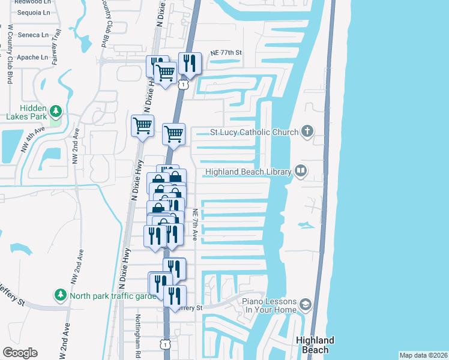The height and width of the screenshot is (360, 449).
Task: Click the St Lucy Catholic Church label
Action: tap(254, 132)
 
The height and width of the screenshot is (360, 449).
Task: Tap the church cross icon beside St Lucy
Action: tap(307, 131)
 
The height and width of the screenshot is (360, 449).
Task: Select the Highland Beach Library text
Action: tap(248, 172)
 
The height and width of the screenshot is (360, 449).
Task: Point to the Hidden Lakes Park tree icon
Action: tap(55, 111)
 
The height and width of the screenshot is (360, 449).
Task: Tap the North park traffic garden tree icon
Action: tap(60, 295)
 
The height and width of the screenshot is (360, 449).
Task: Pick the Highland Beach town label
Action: tap(313, 345)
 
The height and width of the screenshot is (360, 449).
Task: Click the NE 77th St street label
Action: tap(226, 53)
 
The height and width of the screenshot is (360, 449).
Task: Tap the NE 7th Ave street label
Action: tap(195, 225)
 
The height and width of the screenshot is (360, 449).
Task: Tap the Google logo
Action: tap(20, 353)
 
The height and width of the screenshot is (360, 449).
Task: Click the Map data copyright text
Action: tap(423, 355)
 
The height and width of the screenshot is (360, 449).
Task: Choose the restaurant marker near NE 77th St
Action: tap(189, 64)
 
